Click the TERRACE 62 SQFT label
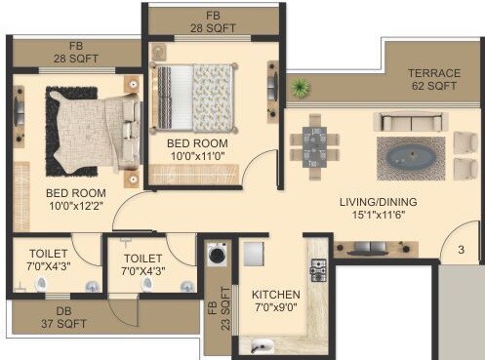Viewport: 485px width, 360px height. tap(432, 80)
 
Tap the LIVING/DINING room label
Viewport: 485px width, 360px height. tap(378, 201)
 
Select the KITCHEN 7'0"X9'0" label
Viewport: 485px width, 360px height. tap(276, 301)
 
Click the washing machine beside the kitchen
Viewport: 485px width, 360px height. tap(217, 255)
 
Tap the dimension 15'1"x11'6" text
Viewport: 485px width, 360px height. tap(378, 215)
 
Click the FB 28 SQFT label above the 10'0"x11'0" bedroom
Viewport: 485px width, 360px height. tap(213, 21)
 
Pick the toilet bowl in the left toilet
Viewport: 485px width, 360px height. tap(40, 284)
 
